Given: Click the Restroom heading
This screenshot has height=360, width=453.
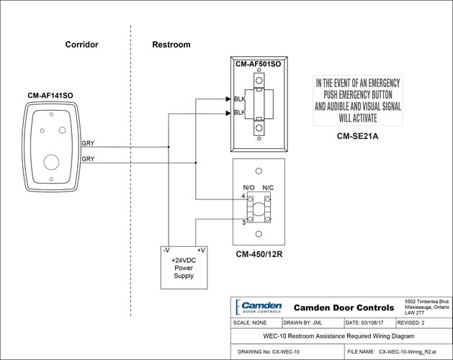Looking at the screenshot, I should pyautogui.click(x=171, y=45).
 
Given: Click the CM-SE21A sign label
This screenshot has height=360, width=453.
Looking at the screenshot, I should pyautogui.click(x=359, y=135).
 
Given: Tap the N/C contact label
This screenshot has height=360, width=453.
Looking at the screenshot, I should pyautogui.click(x=268, y=188).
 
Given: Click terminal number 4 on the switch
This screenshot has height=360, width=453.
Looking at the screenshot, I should pyautogui.click(x=243, y=196).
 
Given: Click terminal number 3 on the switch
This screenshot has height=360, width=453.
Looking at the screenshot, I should pyautogui.click(x=243, y=222).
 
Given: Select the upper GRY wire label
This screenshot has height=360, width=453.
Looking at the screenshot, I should pyautogui.click(x=88, y=143).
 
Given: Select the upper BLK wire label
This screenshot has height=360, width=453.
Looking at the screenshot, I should pyautogui.click(x=240, y=99).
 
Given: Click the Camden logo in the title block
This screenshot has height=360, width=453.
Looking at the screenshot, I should pyautogui.click(x=260, y=307).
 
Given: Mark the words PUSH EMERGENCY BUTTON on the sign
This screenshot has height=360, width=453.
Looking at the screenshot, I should pyautogui.click(x=359, y=94).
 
